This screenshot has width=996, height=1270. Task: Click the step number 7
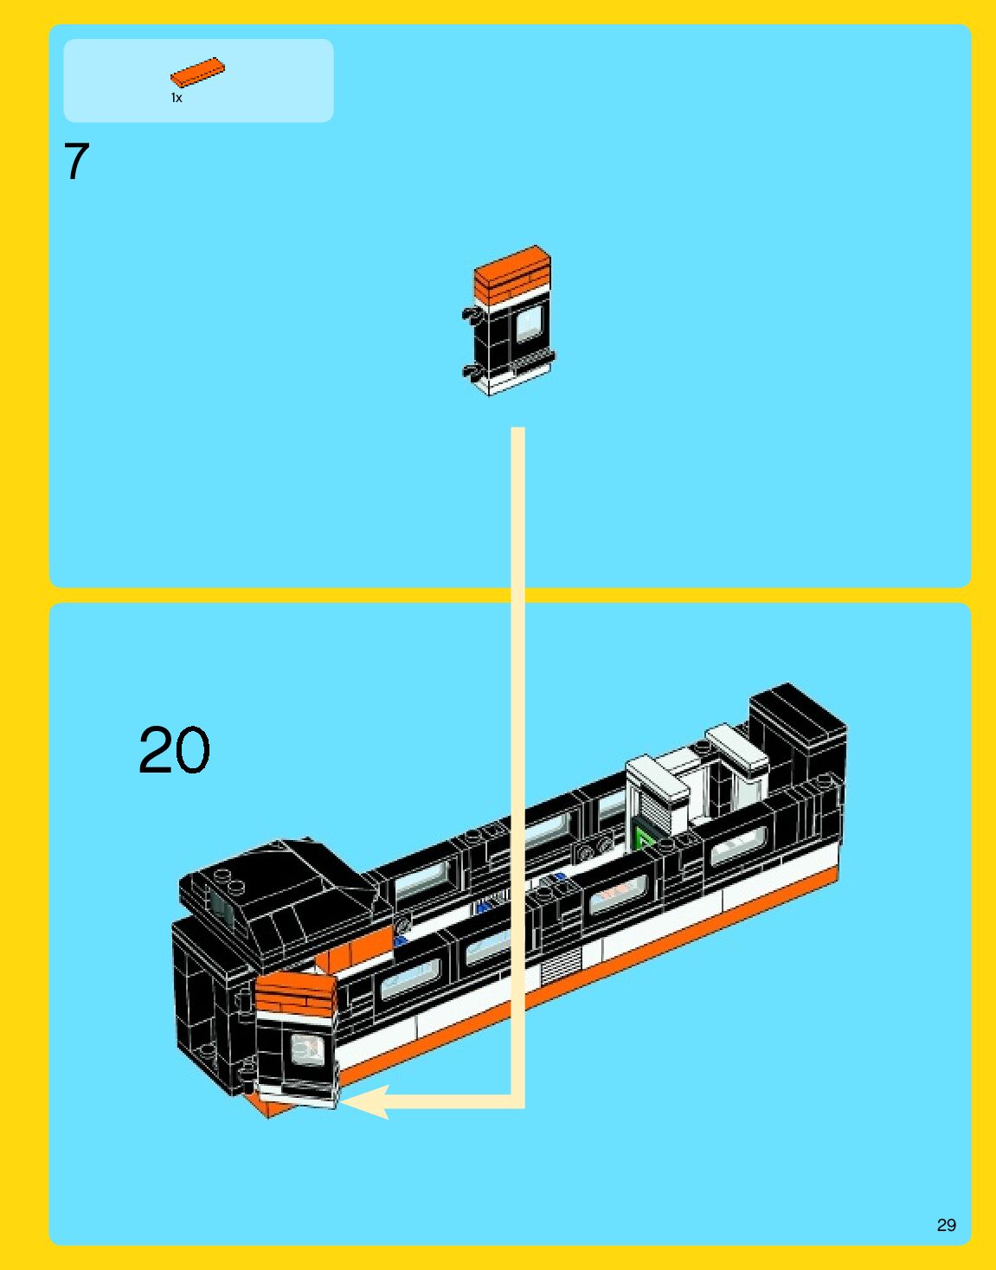(x=76, y=162)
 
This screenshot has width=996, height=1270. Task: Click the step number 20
(x=174, y=750)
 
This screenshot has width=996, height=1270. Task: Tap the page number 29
(x=946, y=1225)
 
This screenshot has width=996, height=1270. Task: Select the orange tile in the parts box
(x=197, y=72)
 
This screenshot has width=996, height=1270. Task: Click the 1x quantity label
(x=177, y=98)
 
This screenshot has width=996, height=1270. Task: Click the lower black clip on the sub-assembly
(x=472, y=372)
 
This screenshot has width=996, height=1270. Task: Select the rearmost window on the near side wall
(x=738, y=845)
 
